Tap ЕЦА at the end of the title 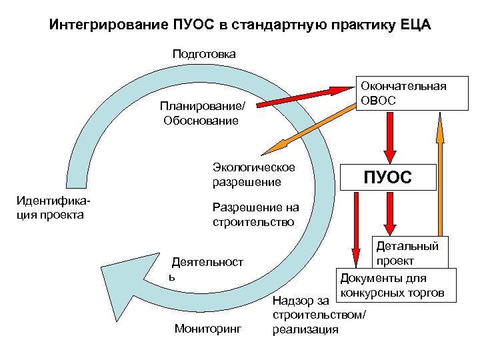tap(414, 25)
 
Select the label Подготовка tap(204, 53)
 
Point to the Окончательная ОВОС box tap(403, 93)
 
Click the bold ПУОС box tap(387, 178)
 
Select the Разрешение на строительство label tap(253, 214)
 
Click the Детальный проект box tap(408, 252)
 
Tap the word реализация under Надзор tap(305, 329)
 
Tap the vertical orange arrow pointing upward tap(439, 173)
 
